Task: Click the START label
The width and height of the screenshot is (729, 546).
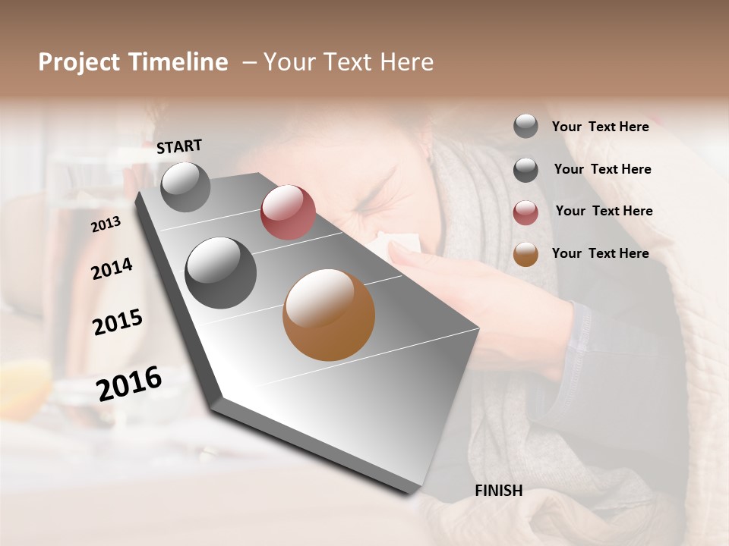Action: tap(179, 146)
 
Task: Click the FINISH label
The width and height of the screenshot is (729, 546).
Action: tap(498, 491)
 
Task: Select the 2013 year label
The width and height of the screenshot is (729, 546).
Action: tap(106, 224)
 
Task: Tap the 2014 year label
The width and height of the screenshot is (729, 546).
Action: tap(112, 269)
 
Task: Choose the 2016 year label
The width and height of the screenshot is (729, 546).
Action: tap(129, 384)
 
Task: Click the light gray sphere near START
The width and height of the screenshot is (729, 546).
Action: tap(185, 187)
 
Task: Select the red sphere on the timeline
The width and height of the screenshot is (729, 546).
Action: tap(288, 212)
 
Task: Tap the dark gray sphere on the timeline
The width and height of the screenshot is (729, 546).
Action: tap(220, 273)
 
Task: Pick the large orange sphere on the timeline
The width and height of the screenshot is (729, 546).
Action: tap(329, 315)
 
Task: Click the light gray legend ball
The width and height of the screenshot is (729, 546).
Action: tap(525, 126)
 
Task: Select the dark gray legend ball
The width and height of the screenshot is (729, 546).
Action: tap(525, 170)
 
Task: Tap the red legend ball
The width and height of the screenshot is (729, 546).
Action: tap(525, 212)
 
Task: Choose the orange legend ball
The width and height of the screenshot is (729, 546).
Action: tap(525, 254)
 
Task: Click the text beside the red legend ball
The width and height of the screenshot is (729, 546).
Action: tap(604, 211)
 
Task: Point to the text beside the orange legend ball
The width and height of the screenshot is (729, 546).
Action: tap(600, 253)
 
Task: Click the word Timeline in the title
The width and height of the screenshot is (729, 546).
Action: tap(179, 62)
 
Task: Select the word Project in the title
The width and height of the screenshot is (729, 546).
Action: tap(80, 62)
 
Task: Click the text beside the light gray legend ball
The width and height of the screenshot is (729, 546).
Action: tap(600, 127)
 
